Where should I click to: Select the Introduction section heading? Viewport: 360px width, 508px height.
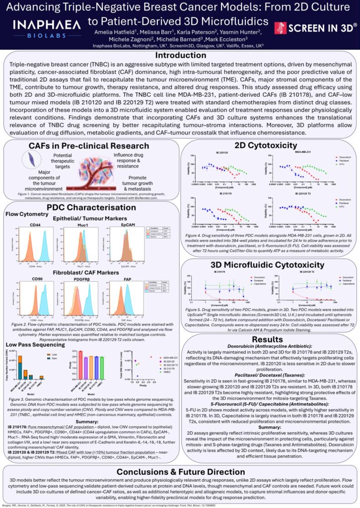coord(180,56)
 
